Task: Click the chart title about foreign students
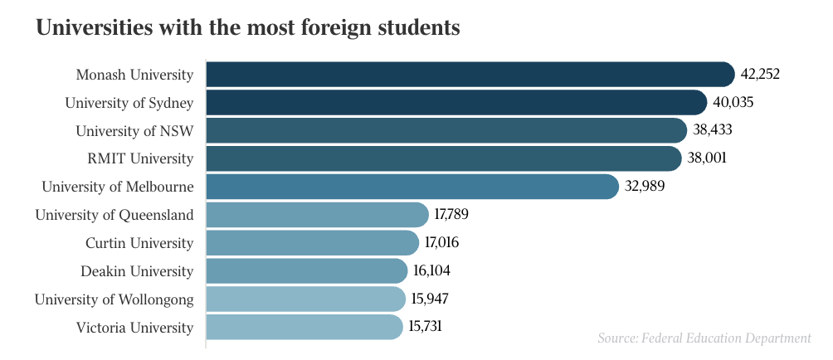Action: (x=247, y=28)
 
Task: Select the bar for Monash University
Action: (x=470, y=75)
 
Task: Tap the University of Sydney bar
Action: (x=456, y=103)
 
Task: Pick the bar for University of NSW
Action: (x=446, y=131)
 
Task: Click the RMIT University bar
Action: (x=444, y=158)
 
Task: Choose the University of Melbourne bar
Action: (x=412, y=187)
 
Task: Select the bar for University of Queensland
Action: (x=317, y=215)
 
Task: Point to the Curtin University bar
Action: (x=312, y=243)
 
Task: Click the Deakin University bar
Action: (x=307, y=271)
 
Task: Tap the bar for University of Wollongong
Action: (x=305, y=299)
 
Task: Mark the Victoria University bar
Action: (x=304, y=327)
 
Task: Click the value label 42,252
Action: (x=760, y=75)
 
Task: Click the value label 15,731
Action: (x=425, y=327)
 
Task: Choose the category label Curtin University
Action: (x=139, y=243)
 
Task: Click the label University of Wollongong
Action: (x=114, y=299)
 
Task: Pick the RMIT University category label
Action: (x=140, y=158)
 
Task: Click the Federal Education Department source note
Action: (x=704, y=338)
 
